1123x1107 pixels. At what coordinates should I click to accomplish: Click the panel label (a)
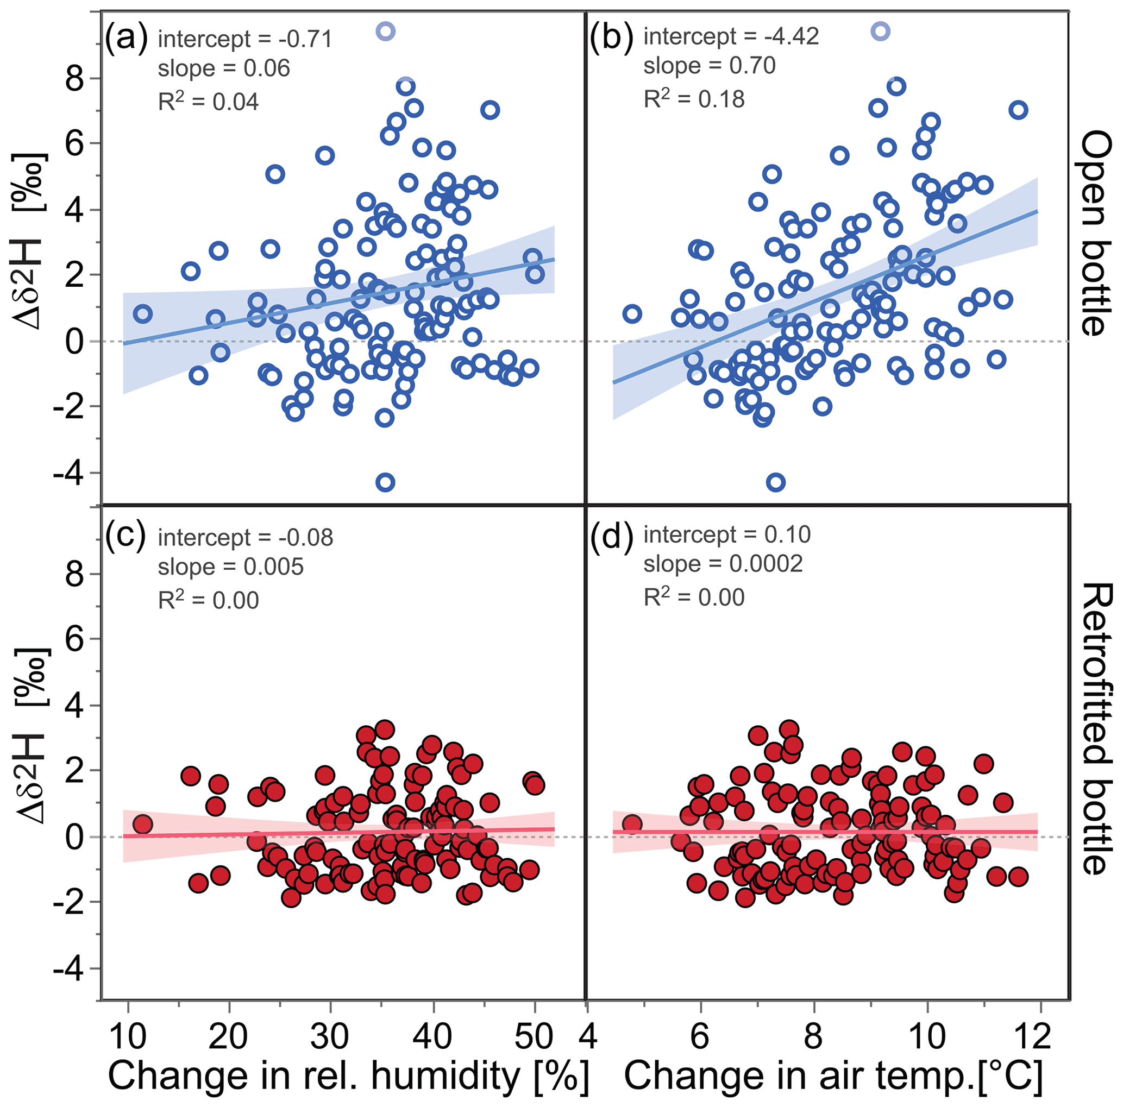pos(127,39)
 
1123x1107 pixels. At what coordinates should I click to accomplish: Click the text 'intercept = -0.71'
pos(244,39)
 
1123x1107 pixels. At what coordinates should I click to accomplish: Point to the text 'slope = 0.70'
pos(709,66)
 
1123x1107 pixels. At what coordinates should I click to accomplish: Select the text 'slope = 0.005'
pos(230,567)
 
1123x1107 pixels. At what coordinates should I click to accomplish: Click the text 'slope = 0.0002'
pos(723,563)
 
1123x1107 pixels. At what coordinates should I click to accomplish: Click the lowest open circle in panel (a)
pos(385,482)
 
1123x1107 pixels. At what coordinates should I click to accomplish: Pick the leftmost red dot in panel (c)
pos(143,824)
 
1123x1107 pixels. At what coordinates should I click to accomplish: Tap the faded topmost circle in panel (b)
pos(881,31)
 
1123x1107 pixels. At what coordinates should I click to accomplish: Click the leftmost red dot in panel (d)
pos(632,824)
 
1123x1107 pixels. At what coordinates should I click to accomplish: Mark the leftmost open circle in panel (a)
pos(143,314)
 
